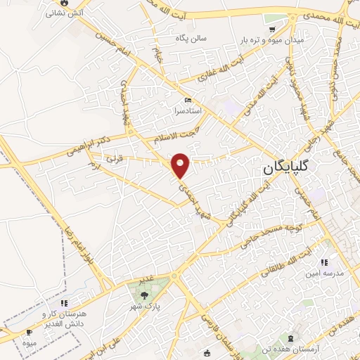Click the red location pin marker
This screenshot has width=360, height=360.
click(181, 165)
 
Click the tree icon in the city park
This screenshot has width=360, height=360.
click(143, 295)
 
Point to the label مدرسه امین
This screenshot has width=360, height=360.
click(323, 274)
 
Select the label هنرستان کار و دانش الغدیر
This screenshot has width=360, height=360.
click(63, 318)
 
